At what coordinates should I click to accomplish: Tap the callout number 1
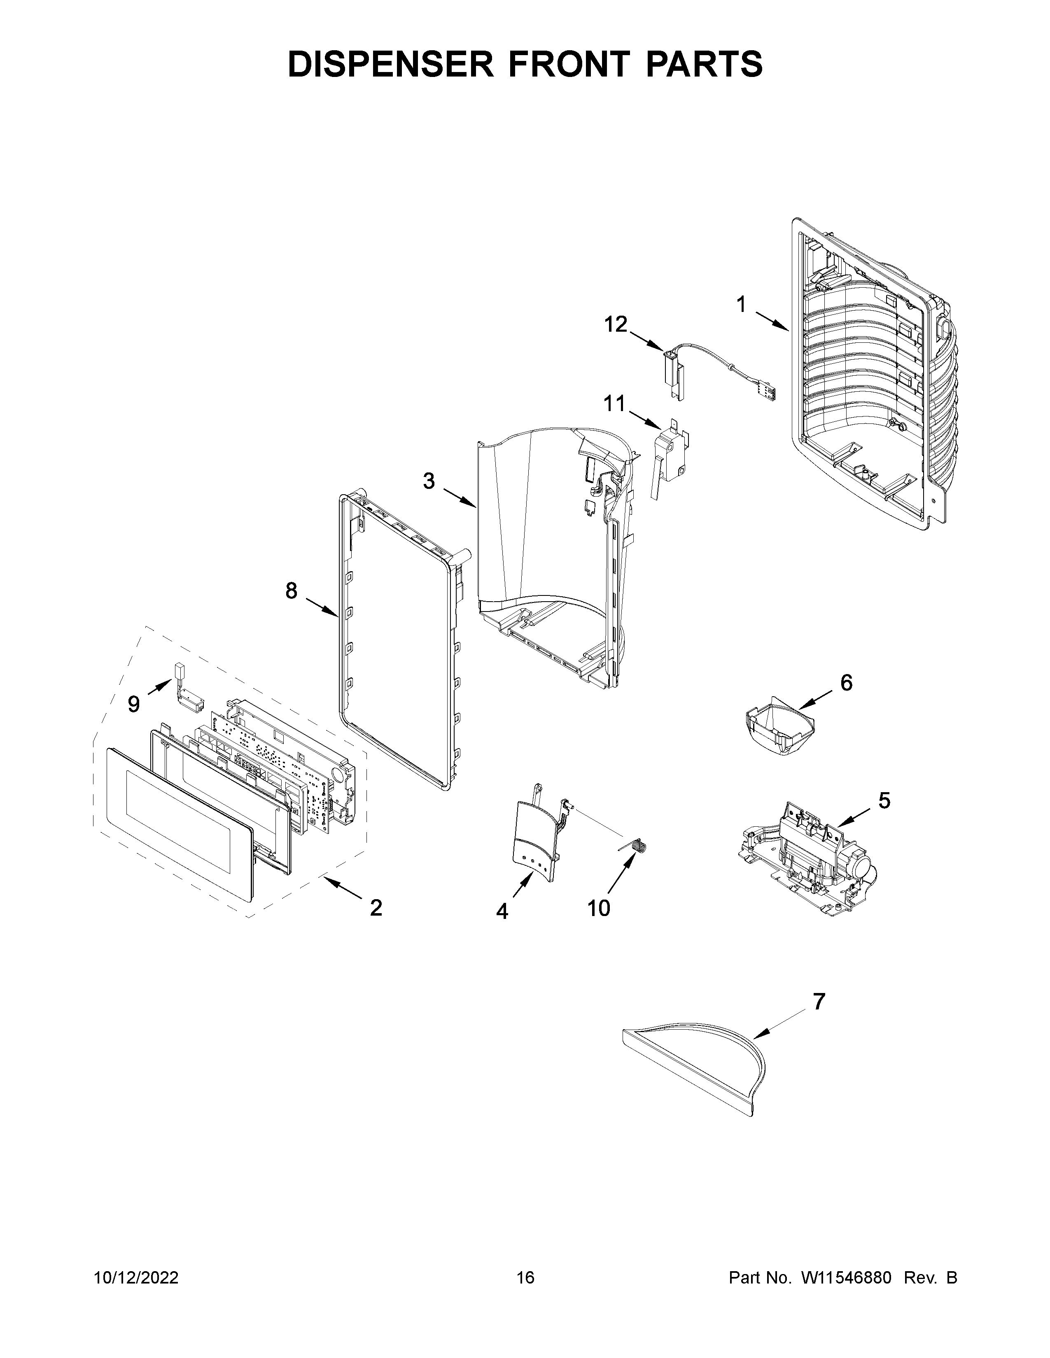click(741, 304)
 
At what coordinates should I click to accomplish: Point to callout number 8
click(291, 590)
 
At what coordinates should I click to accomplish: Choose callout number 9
click(134, 704)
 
